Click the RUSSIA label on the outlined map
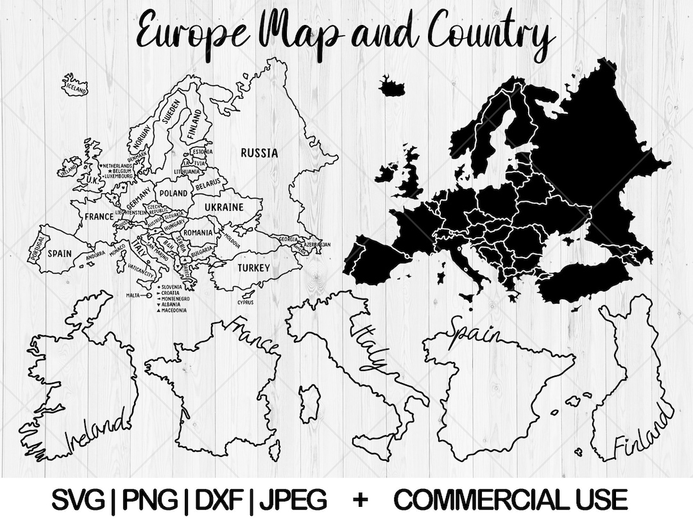(259, 153)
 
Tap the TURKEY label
(253, 268)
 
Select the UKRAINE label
(224, 207)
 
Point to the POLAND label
(173, 193)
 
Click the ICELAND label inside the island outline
(74, 87)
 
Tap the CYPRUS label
(245, 302)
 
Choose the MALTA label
(133, 296)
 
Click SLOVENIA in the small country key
(172, 287)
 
